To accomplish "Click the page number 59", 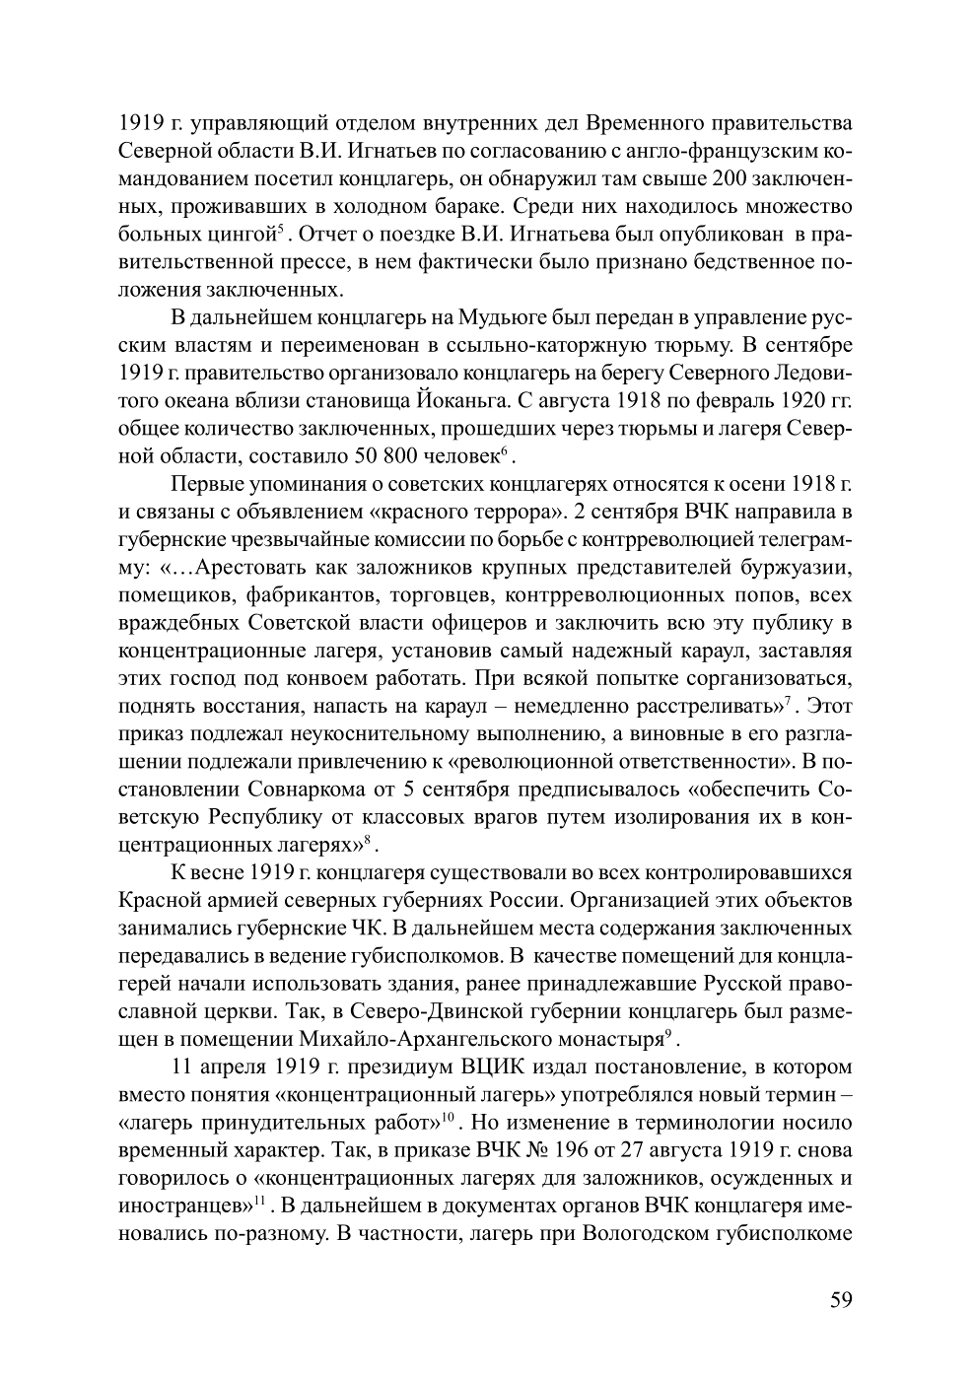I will (x=840, y=1298).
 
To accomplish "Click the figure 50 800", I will (x=376, y=457).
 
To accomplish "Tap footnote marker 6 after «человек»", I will (x=503, y=451).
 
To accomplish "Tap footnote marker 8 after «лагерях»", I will (x=366, y=840).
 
